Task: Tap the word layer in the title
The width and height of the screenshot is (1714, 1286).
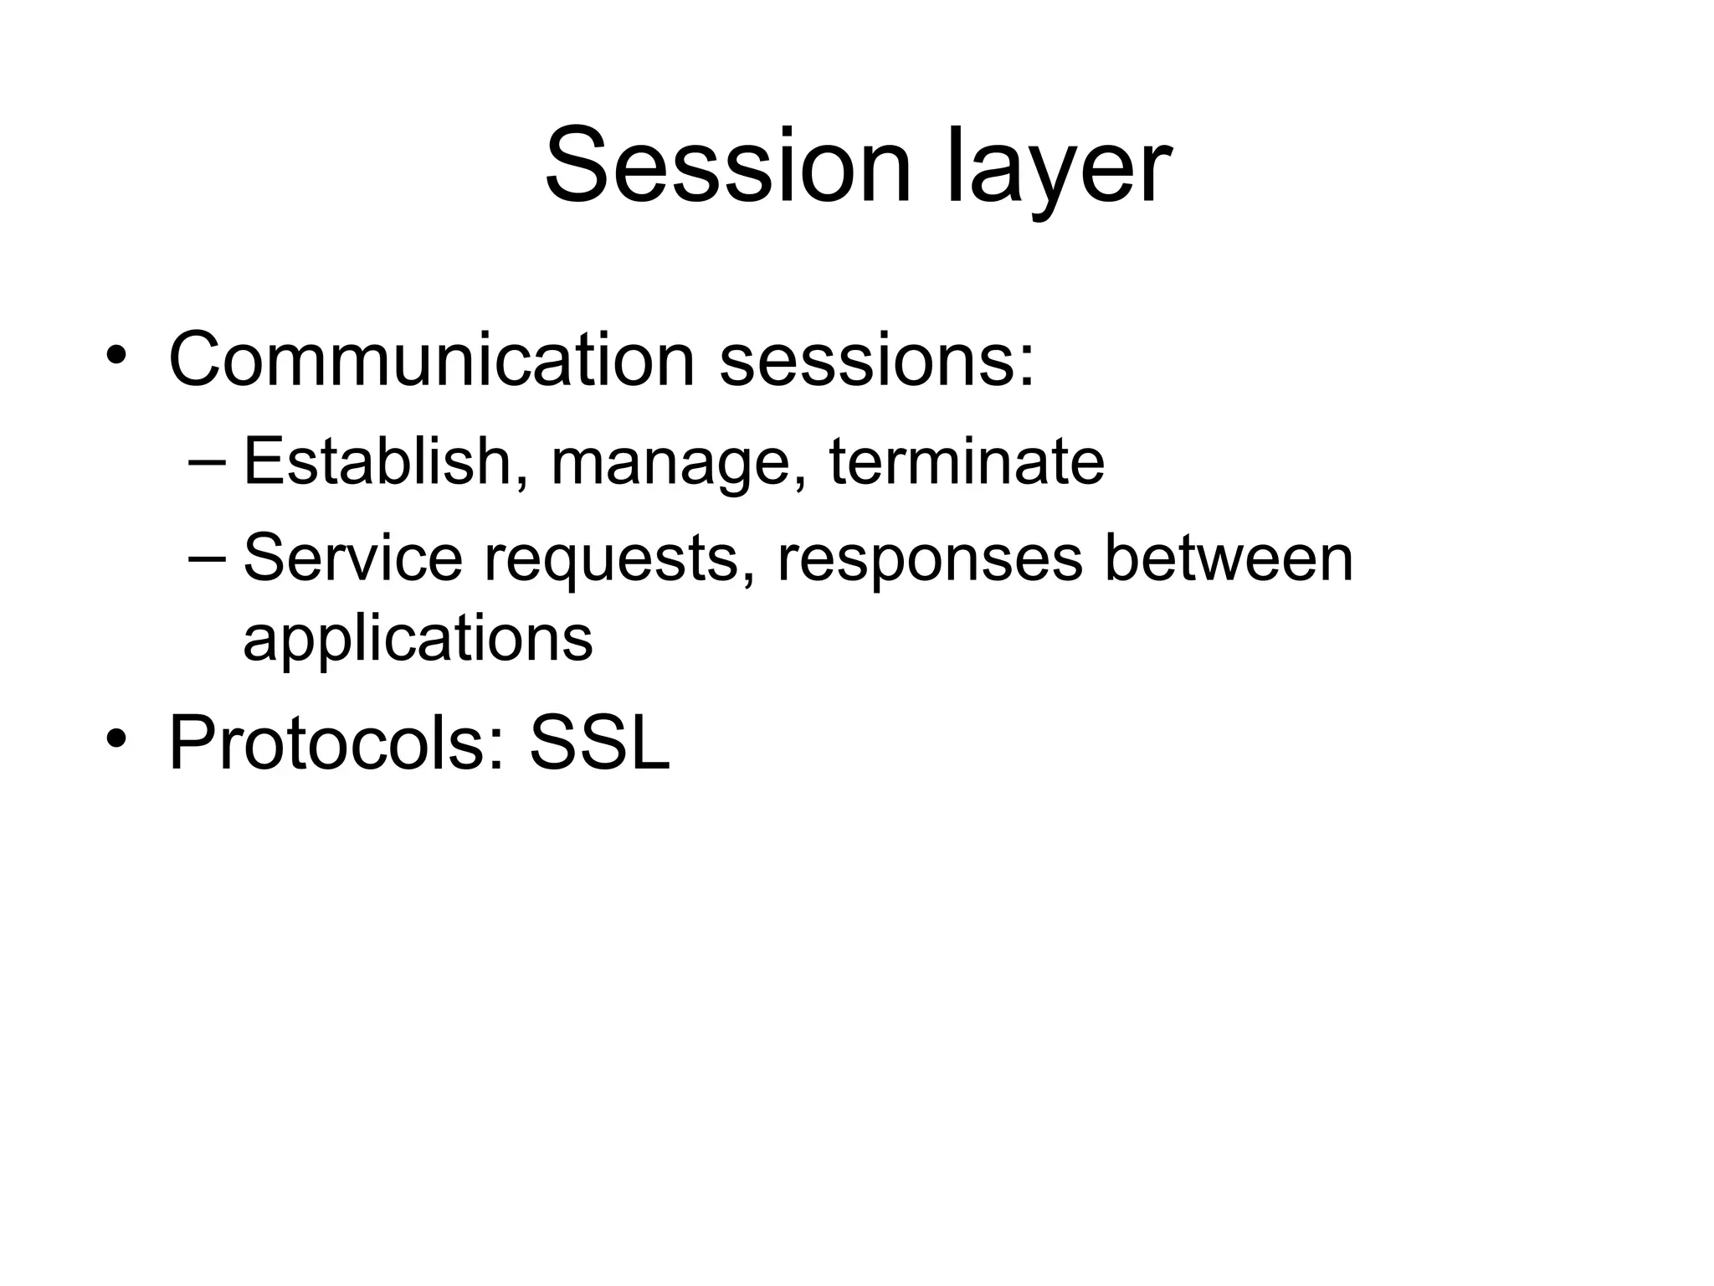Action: point(1059,172)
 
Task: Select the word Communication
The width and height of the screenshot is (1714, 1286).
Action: point(432,360)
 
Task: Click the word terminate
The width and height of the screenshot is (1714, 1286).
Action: point(967,461)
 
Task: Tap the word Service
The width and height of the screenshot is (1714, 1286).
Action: point(352,558)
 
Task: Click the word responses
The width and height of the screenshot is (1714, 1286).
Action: point(930,561)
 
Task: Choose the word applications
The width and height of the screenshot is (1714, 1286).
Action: point(418,640)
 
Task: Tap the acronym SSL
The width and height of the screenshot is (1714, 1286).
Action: point(600,743)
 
